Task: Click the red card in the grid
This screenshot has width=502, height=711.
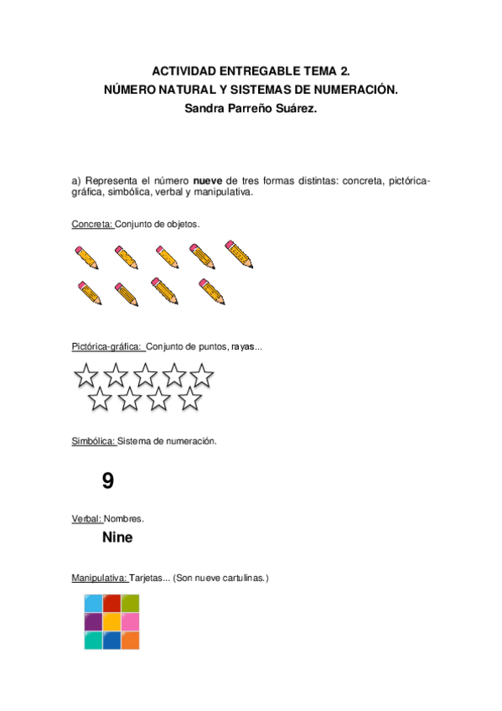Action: pos(111,604)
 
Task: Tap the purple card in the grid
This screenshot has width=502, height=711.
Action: pos(93,622)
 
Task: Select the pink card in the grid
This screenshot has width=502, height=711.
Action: pos(130,622)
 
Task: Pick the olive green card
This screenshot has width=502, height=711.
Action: pos(130,604)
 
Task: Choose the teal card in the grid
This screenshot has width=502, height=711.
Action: pos(93,641)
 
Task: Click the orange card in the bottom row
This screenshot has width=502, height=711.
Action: pos(130,641)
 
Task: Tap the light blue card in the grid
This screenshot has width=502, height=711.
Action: pos(93,604)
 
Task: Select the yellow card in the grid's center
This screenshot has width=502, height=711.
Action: pos(111,622)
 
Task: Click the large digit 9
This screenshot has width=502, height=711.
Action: pos(107,481)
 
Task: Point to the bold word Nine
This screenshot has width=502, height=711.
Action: pos(117,537)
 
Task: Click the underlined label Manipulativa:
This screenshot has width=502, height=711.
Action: pos(100,579)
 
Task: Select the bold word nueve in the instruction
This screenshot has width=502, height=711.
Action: pos(209,180)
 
